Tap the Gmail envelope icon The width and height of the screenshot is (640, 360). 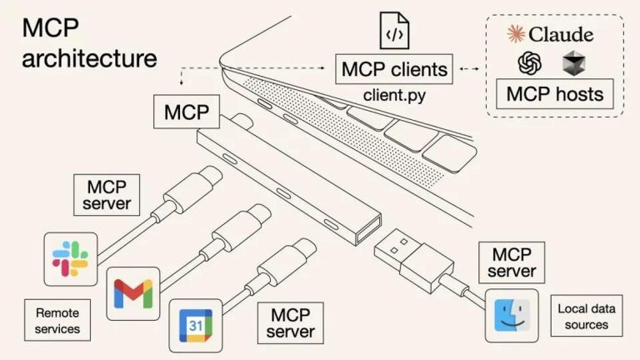133,292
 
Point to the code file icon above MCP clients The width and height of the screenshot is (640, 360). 395,31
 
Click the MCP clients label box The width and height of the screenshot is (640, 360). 395,68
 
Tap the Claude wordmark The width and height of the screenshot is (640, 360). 551,34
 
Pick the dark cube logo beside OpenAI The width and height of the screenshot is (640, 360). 573,63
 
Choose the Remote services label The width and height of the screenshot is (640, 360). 57,321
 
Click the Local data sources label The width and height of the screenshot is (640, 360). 586,316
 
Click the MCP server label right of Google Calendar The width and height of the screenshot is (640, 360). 290,322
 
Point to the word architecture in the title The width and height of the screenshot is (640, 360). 88,59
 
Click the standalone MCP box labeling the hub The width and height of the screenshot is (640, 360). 185,111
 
